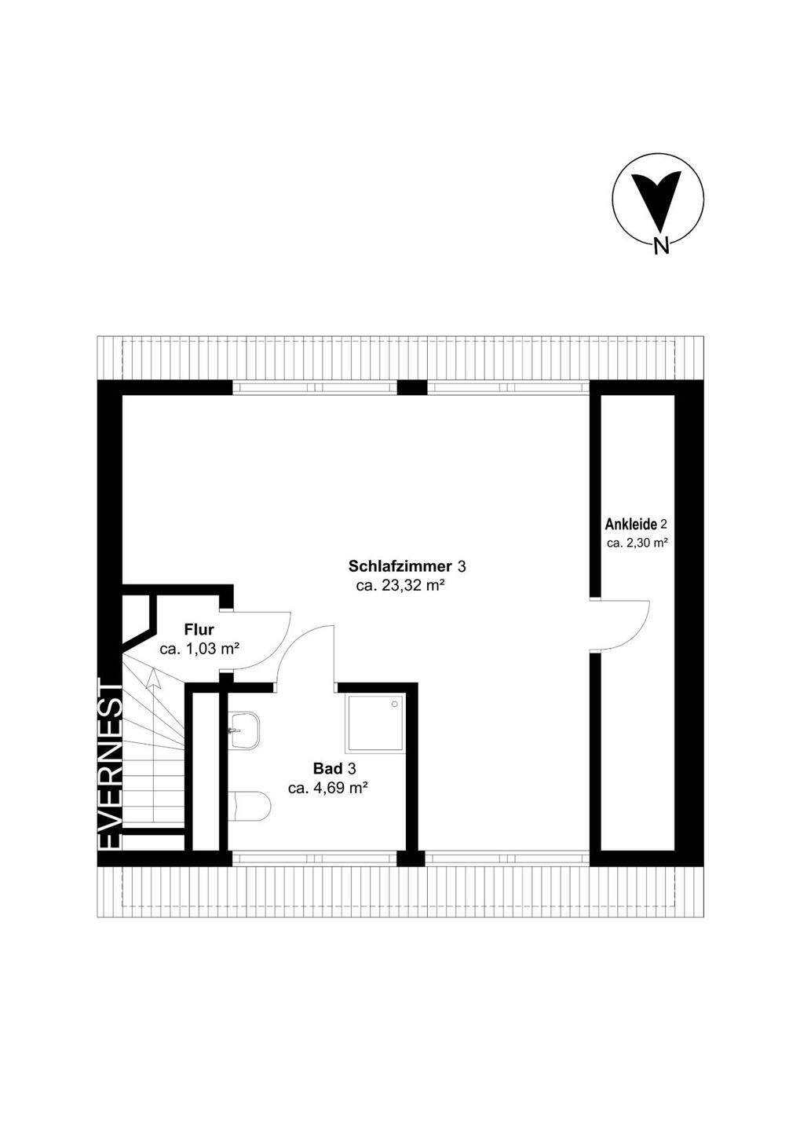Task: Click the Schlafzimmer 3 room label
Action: (x=407, y=566)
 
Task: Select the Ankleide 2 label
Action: (x=636, y=524)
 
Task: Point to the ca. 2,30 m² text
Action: (x=637, y=543)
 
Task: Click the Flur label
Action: (x=199, y=629)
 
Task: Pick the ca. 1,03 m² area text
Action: (x=199, y=649)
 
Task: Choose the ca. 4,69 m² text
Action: (x=329, y=789)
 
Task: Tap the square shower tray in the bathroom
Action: (x=374, y=722)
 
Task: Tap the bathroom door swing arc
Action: (x=306, y=652)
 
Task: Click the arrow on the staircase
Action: (x=153, y=679)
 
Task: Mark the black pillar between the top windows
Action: (x=411, y=386)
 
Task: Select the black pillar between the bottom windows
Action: (x=411, y=858)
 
